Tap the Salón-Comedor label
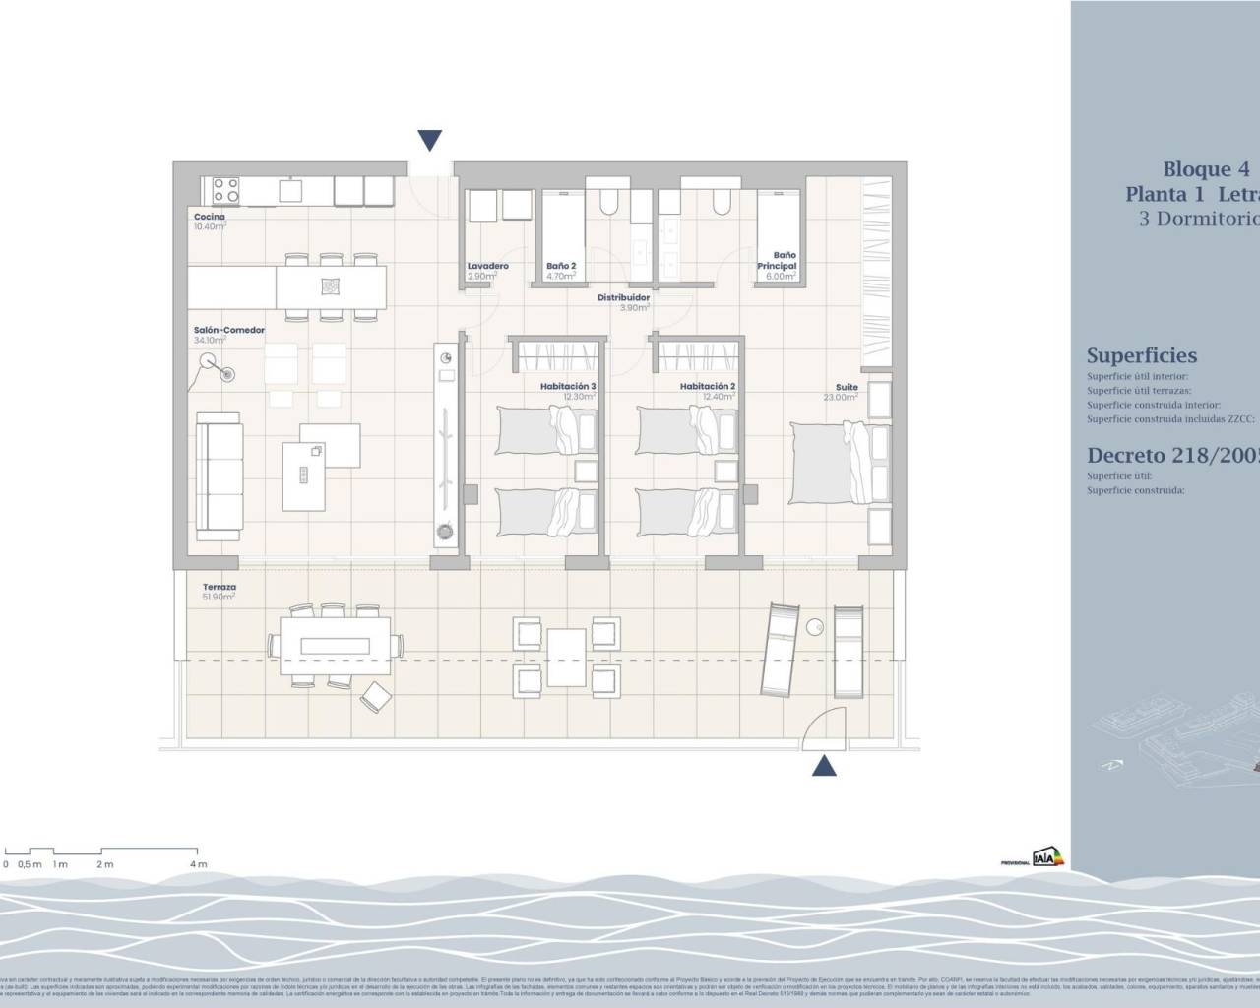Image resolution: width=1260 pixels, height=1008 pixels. point(228,331)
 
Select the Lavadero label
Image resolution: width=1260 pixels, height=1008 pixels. point(487,267)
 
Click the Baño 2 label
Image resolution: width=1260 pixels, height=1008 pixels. point(561,267)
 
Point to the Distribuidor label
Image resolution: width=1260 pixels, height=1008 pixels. point(624,297)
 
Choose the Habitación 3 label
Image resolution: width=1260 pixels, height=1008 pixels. point(568,387)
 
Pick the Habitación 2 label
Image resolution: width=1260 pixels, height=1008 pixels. point(707,387)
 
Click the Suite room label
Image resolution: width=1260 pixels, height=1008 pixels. point(847,388)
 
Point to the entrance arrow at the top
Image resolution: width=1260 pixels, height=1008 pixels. point(429,140)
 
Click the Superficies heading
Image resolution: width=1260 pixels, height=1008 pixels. point(1141,356)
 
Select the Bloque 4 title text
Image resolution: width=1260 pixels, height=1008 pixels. point(1197,169)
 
